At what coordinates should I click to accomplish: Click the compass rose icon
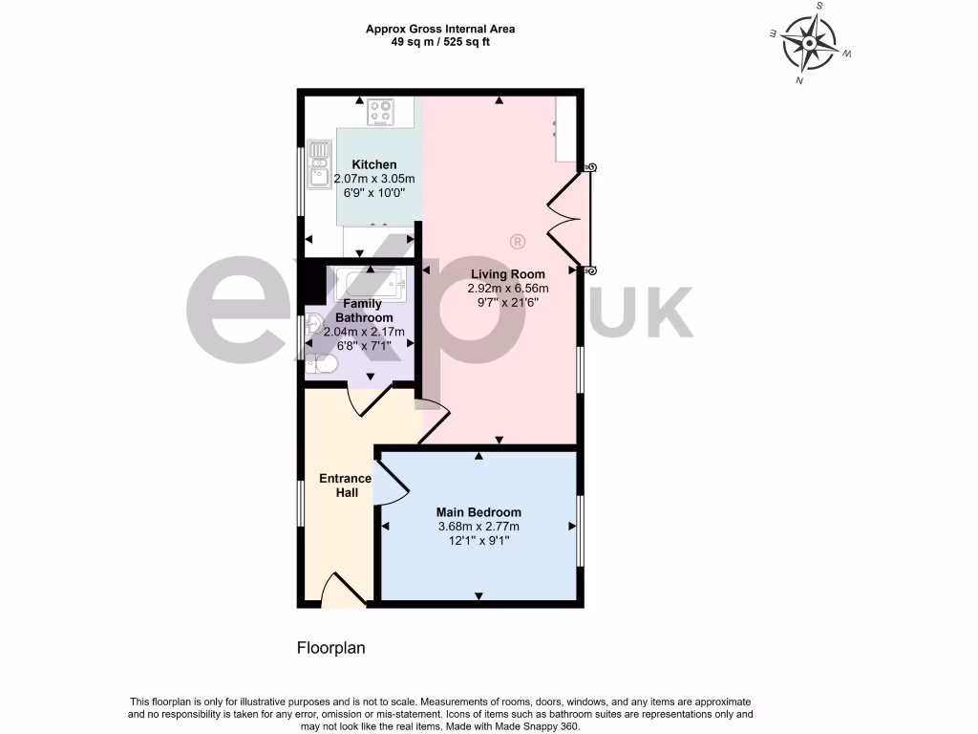pyautogui.click(x=810, y=44)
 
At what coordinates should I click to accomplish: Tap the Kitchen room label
pyautogui.click(x=374, y=164)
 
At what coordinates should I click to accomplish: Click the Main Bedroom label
pyautogui.click(x=479, y=511)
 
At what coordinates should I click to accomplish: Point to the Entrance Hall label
pyautogui.click(x=346, y=486)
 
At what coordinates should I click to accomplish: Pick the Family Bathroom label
pyautogui.click(x=368, y=311)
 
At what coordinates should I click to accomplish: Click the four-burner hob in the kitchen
pyautogui.click(x=382, y=112)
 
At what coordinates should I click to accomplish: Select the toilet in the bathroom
pyautogui.click(x=320, y=363)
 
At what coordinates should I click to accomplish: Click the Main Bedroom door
pyautogui.click(x=392, y=481)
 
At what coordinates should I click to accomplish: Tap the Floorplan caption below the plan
pyautogui.click(x=331, y=647)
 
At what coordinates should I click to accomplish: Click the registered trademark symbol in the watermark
pyautogui.click(x=517, y=241)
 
